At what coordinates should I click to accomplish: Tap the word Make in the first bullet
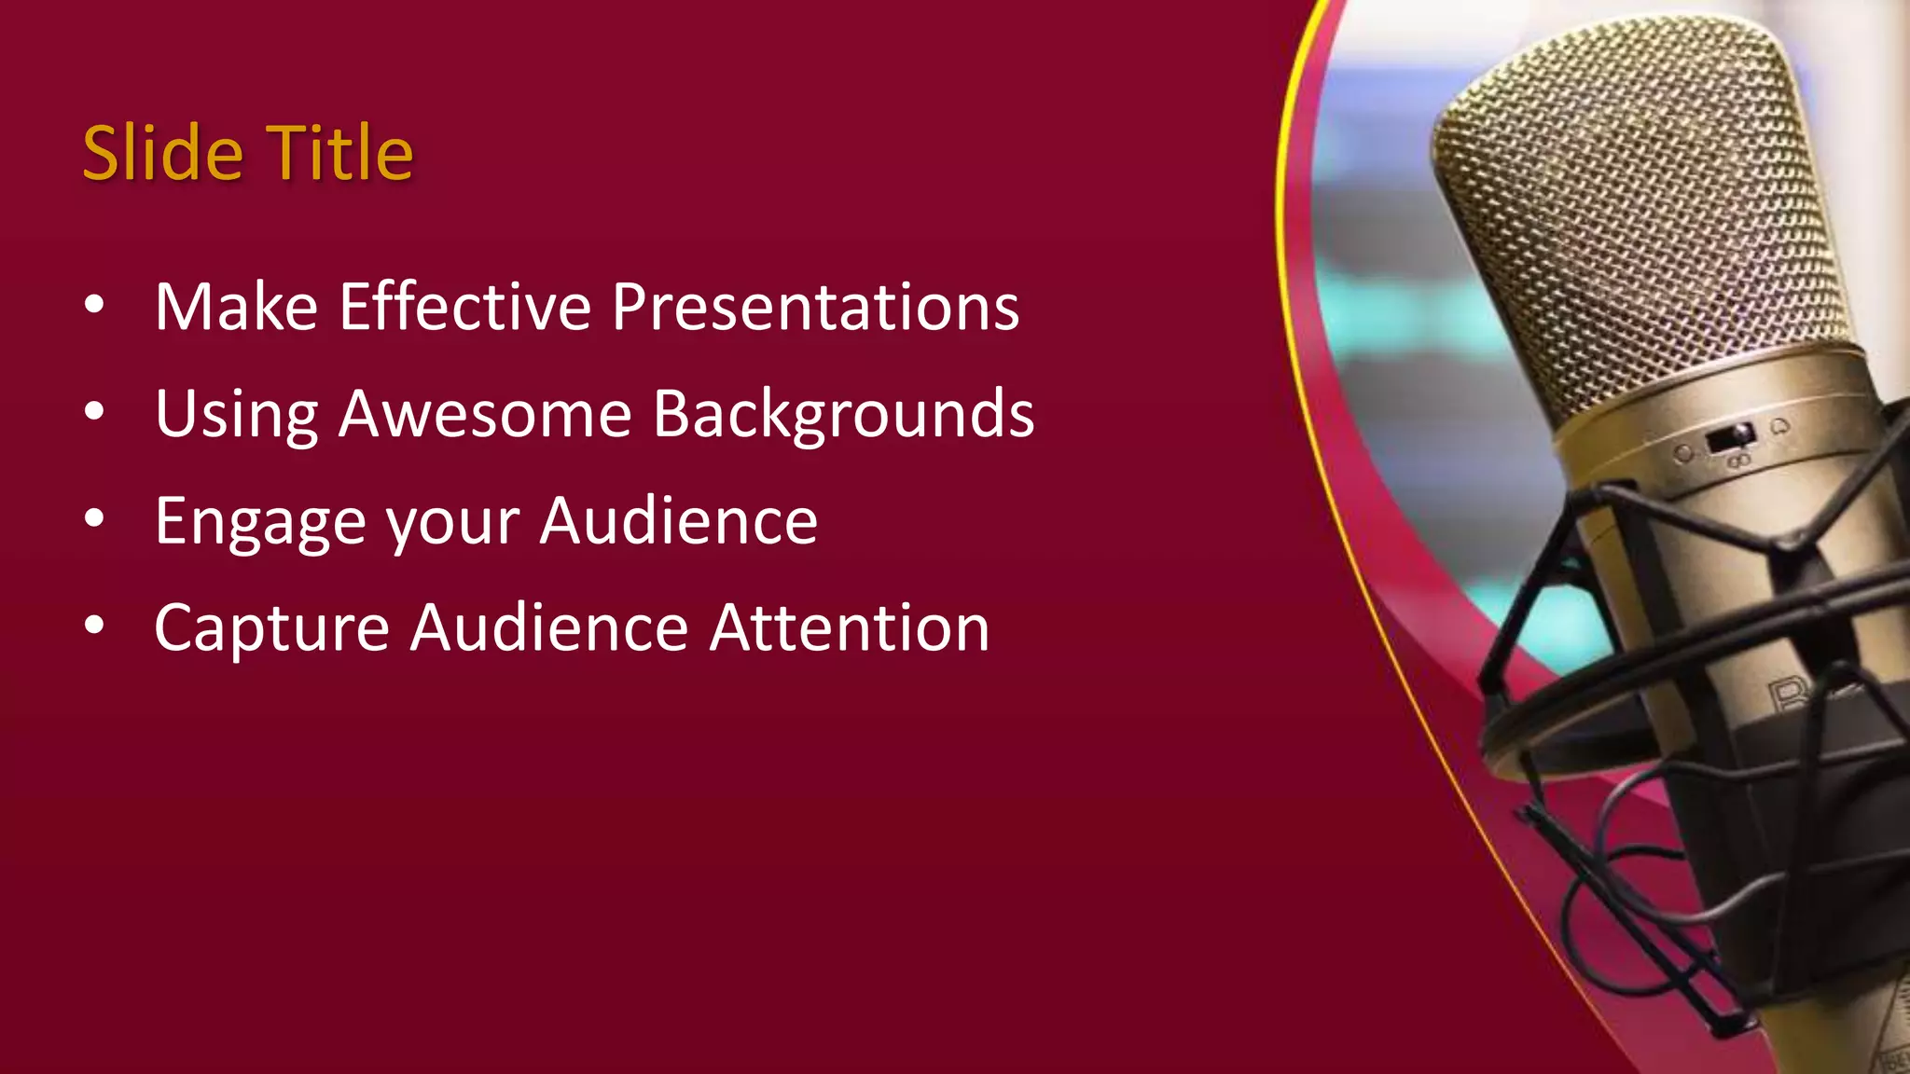[236, 307]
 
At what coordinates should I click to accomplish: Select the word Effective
[464, 307]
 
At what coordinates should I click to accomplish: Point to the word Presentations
[815, 307]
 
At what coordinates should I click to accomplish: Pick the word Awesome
[485, 414]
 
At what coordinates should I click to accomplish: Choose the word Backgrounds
[843, 414]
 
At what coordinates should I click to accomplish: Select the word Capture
[271, 629]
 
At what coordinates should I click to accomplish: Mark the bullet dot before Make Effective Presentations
[94, 306]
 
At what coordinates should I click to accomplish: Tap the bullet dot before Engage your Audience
[94, 519]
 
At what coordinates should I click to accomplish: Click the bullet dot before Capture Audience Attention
[94, 626]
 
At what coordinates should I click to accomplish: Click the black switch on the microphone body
[1731, 437]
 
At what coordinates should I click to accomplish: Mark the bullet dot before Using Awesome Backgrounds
[94, 412]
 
